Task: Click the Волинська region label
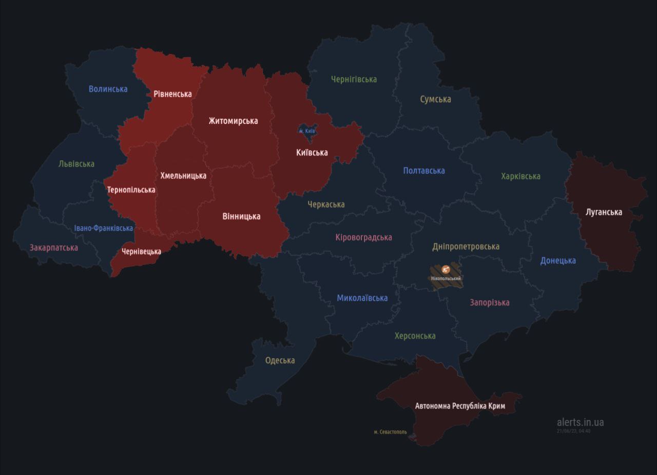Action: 108,89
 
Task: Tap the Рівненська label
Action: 172,94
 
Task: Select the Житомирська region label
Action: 233,121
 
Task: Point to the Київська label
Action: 312,153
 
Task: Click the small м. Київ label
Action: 307,131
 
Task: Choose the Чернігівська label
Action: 354,79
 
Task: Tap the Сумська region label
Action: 435,99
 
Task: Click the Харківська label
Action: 520,176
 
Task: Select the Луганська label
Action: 604,212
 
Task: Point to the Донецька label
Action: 557,261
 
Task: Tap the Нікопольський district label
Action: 446,279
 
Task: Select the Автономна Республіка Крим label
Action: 460,406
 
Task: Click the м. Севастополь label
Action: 390,432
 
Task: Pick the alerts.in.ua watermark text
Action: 580,422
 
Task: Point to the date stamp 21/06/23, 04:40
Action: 573,431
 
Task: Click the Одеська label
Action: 280,360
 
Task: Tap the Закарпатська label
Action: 54,248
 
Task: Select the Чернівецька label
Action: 141,251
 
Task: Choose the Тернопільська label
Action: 131,190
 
